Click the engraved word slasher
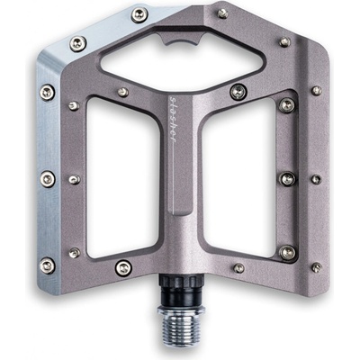(172, 120)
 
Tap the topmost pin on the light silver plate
(139, 14)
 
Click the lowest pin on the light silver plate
(48, 265)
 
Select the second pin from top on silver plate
(78, 44)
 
